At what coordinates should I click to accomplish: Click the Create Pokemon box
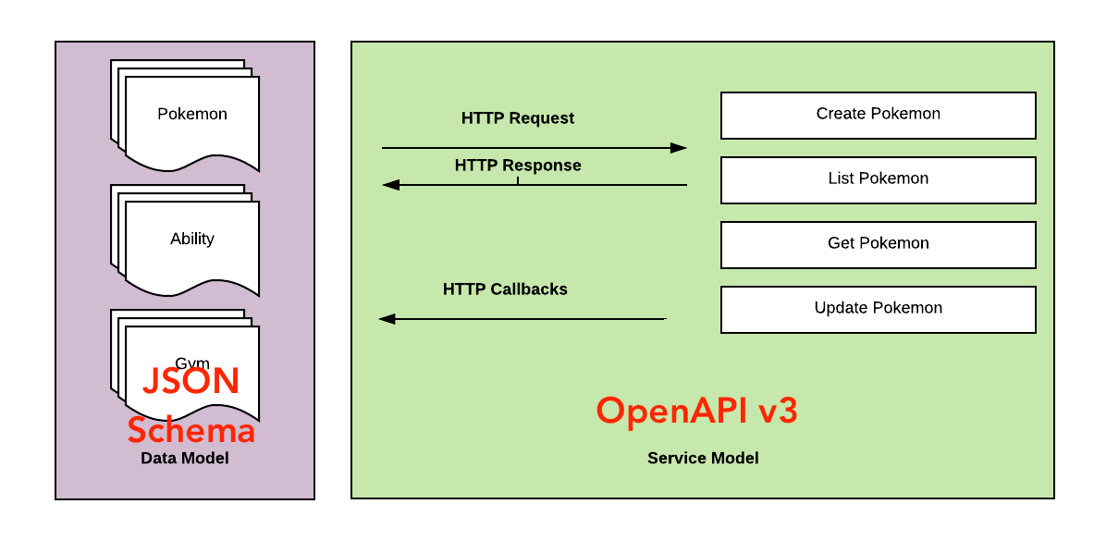(878, 115)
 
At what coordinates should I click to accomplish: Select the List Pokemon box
(878, 179)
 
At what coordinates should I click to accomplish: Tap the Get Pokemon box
(878, 244)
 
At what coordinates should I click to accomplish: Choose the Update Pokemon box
(878, 309)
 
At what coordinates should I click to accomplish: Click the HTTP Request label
(517, 118)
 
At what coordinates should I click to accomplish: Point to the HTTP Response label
(517, 166)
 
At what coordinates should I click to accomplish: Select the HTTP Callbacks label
(505, 289)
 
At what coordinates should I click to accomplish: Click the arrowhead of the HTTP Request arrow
(679, 148)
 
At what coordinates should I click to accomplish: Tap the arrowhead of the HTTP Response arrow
(391, 185)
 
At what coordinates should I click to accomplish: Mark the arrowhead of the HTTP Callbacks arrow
(387, 319)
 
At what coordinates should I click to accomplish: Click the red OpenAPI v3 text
(696, 411)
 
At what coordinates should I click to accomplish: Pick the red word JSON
(191, 382)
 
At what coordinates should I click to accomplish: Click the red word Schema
(191, 431)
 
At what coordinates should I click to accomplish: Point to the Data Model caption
(184, 459)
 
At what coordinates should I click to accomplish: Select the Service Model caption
(703, 459)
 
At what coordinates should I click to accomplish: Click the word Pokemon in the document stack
(192, 115)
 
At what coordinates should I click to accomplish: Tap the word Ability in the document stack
(192, 240)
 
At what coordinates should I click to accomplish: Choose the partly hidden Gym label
(192, 363)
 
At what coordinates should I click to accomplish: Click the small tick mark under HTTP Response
(518, 181)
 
